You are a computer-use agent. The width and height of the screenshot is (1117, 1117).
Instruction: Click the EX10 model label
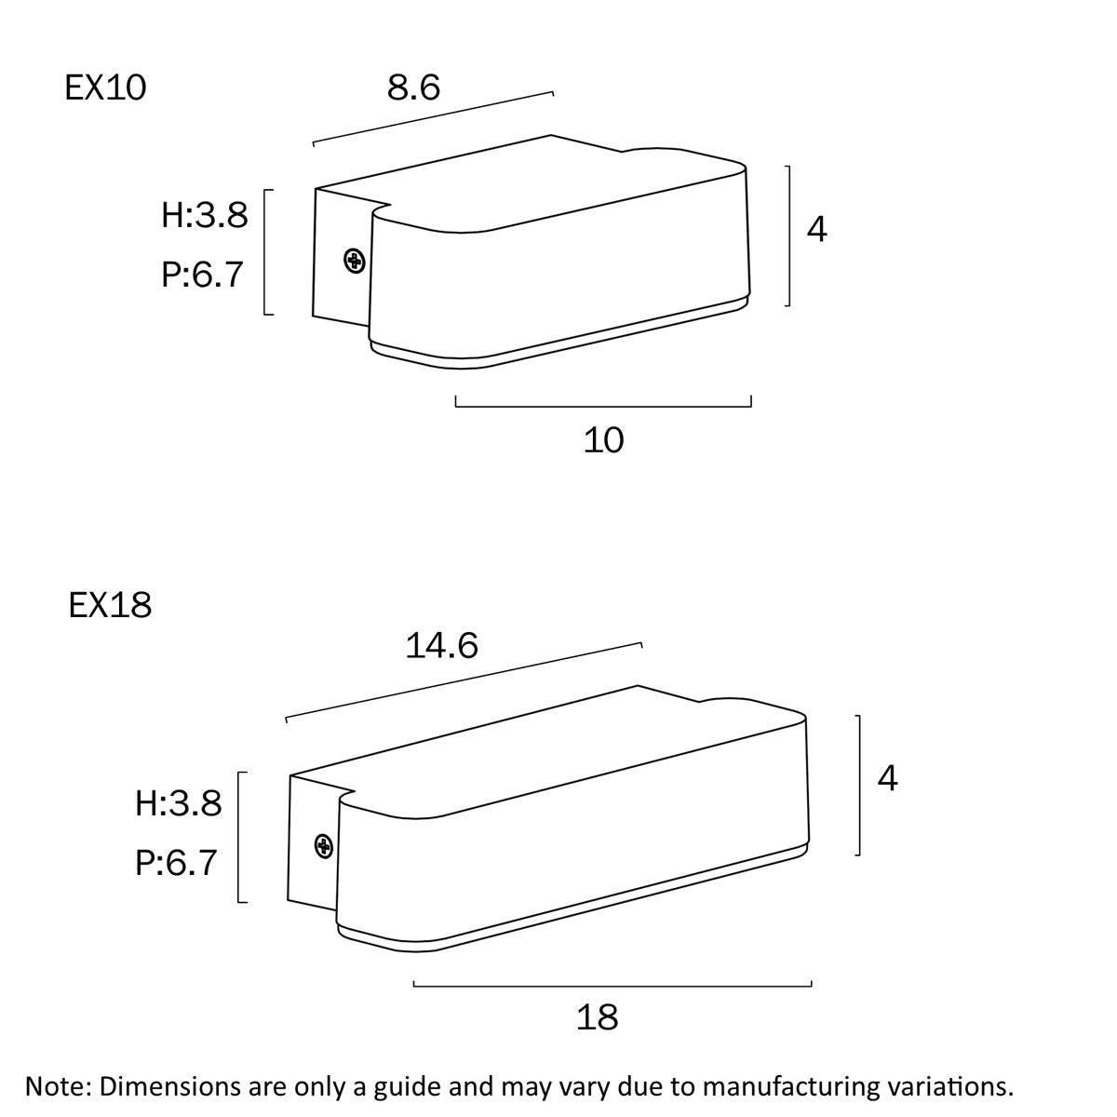coord(105,88)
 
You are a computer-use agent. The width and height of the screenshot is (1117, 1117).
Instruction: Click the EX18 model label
coord(110,605)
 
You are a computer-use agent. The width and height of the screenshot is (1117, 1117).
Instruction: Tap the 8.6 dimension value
coord(413,87)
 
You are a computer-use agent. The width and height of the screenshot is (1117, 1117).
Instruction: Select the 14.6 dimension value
coord(441,645)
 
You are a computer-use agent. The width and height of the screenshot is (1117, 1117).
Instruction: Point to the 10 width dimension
coord(603,440)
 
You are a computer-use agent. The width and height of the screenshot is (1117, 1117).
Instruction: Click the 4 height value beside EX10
coord(816,229)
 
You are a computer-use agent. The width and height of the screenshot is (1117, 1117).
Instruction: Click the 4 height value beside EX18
coord(887,778)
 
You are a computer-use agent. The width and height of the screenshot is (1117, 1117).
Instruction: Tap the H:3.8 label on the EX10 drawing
coord(205,215)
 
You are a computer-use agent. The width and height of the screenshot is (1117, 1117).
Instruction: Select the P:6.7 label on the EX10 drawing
coord(202,275)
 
